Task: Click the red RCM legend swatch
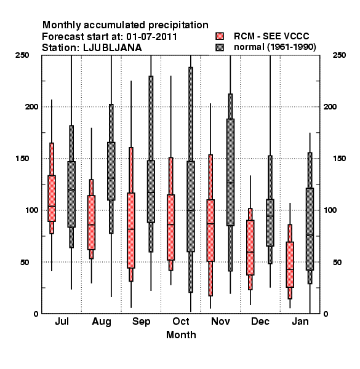pos(220,36)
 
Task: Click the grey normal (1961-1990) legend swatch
pos(220,47)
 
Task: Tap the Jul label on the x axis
pos(62,322)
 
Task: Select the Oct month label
pos(181,322)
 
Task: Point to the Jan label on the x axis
pos(300,322)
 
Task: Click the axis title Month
pos(181,335)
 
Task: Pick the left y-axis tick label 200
pos(31,107)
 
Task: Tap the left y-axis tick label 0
pos(36,314)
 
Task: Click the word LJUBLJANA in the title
pos(113,48)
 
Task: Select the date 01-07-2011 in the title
pos(151,37)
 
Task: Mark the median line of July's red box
pos(52,206)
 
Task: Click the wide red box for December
pos(250,248)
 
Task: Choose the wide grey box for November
pos(231,172)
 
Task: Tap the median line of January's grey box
pos(310,235)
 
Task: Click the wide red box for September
pos(131,231)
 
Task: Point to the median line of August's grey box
pos(111,178)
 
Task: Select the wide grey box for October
pos(191,207)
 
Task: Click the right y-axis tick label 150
pos(339,159)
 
